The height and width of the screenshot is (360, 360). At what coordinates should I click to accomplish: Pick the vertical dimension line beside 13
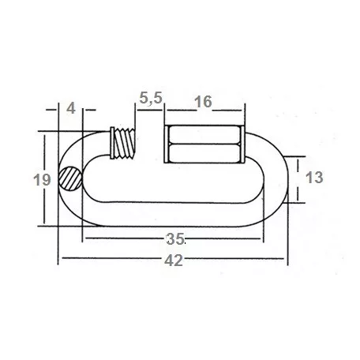(297, 179)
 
